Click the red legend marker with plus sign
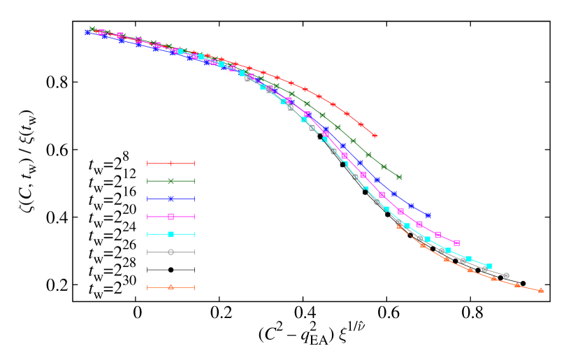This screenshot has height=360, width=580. pyautogui.click(x=171, y=164)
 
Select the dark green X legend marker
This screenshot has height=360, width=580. pyautogui.click(x=171, y=181)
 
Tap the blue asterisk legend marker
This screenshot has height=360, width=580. pyautogui.click(x=171, y=199)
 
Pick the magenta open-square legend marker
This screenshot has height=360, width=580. pyautogui.click(x=171, y=217)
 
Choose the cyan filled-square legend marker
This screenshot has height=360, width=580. pyautogui.click(x=171, y=234)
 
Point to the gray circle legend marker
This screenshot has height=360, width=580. pyautogui.click(x=171, y=252)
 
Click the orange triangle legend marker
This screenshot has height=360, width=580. pyautogui.click(x=171, y=287)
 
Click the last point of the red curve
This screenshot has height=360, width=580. pyautogui.click(x=375, y=136)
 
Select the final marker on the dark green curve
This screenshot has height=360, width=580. pyautogui.click(x=399, y=177)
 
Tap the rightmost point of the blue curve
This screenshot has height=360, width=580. pyautogui.click(x=428, y=215)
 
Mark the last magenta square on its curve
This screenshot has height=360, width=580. pyautogui.click(x=456, y=243)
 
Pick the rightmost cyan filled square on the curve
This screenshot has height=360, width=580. pyautogui.click(x=488, y=266)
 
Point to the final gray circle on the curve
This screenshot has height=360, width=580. pyautogui.click(x=506, y=275)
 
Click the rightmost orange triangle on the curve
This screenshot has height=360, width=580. pyautogui.click(x=541, y=290)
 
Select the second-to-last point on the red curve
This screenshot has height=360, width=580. pyautogui.click(x=361, y=124)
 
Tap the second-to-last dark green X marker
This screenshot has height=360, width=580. pyautogui.click(x=384, y=166)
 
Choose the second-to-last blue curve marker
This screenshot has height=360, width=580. pyautogui.click(x=412, y=206)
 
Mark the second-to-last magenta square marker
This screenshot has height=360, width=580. pyautogui.click(x=438, y=235)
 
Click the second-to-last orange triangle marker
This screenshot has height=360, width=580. pyautogui.click(x=517, y=285)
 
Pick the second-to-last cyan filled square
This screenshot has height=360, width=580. pyautogui.click(x=468, y=259)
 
